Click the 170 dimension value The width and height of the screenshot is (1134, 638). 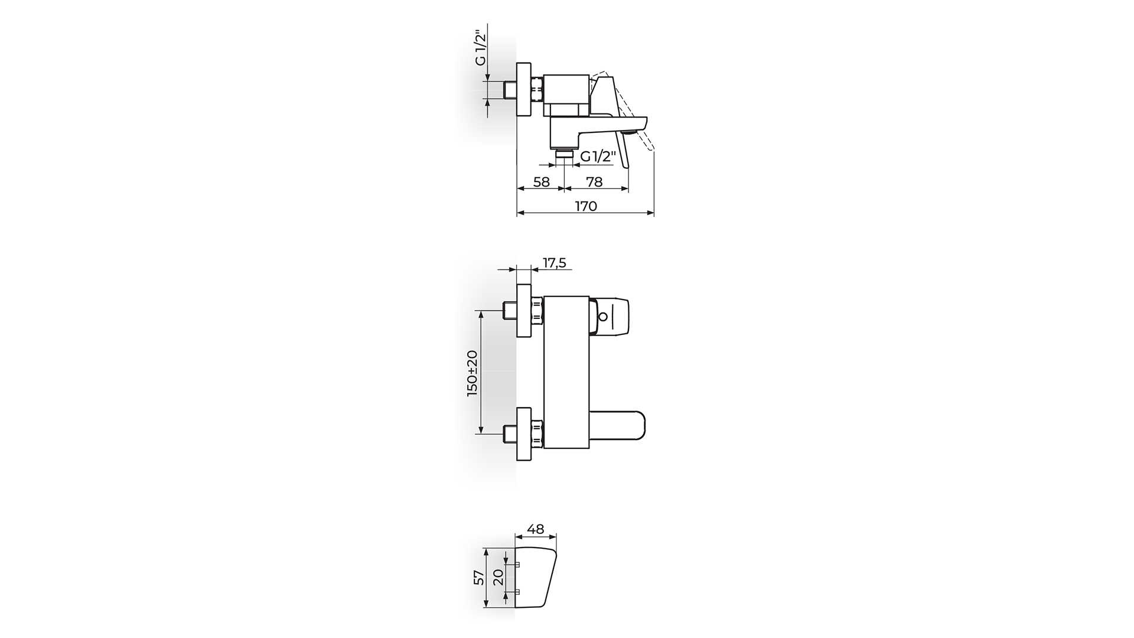[x=586, y=206]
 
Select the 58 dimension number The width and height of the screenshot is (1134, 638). [x=541, y=182]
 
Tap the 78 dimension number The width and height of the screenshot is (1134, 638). [x=595, y=182]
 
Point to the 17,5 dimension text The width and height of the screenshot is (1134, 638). [x=554, y=263]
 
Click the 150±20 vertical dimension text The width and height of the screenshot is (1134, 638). [x=472, y=373]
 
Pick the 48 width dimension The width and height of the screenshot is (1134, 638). [x=536, y=529]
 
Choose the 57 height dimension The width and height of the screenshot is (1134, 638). [x=479, y=577]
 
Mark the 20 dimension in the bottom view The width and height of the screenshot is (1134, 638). [x=498, y=577]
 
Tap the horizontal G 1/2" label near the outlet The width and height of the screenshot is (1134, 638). [x=598, y=157]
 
